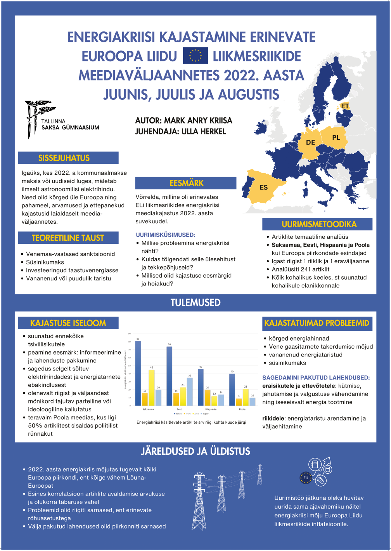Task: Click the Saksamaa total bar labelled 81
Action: tap(138, 373)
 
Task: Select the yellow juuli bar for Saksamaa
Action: tap(152, 388)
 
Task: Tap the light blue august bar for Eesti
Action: tap(190, 391)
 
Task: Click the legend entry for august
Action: tap(205, 414)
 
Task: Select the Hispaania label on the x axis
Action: tap(211, 409)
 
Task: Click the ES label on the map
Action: tap(264, 188)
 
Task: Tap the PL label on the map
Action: tap(336, 137)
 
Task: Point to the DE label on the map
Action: tap(310, 143)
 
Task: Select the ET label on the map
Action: tap(345, 106)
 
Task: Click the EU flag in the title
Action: tap(195, 56)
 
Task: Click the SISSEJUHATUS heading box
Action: tap(68, 158)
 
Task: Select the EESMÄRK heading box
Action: tap(186, 183)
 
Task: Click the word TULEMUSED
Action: tap(195, 302)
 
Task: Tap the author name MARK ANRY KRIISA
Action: tap(198, 120)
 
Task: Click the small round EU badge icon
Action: tap(306, 478)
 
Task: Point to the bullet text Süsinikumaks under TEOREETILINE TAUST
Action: tap(45, 262)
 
